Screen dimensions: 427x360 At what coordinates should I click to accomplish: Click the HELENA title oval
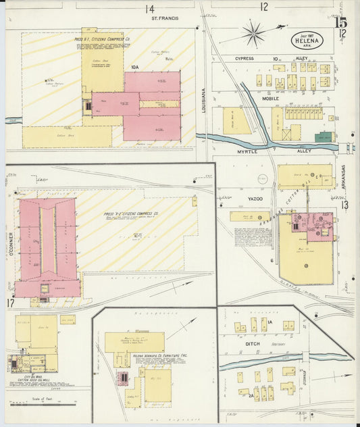pyautogui.click(x=307, y=40)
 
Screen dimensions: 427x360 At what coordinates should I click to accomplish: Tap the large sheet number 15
pyautogui.click(x=340, y=22)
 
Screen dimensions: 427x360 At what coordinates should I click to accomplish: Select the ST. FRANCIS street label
pyautogui.click(x=164, y=18)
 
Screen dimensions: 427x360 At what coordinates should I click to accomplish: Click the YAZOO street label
pyautogui.click(x=255, y=199)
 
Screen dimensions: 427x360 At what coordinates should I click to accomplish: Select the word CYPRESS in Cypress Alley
pyautogui.click(x=245, y=59)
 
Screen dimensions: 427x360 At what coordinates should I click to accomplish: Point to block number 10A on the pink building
pyautogui.click(x=135, y=67)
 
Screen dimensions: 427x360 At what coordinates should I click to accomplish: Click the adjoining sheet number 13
pyautogui.click(x=344, y=205)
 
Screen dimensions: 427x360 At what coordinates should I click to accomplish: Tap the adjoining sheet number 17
pyautogui.click(x=11, y=303)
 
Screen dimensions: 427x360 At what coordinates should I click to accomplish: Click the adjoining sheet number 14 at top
pyautogui.click(x=149, y=9)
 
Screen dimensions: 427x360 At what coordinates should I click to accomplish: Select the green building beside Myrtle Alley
pyautogui.click(x=324, y=137)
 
